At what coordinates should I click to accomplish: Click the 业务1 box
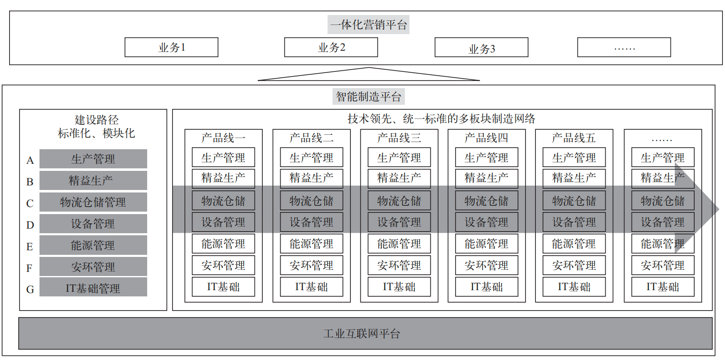(171, 47)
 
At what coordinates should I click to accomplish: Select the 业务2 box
(331, 47)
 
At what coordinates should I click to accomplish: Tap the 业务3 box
(481, 48)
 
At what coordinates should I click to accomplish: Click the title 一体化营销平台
(368, 25)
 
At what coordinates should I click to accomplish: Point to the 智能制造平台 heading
(368, 97)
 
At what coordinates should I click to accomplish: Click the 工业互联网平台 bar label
(362, 333)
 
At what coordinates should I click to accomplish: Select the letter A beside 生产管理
(30, 160)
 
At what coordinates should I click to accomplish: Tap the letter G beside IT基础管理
(30, 290)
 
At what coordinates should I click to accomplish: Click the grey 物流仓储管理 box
(93, 202)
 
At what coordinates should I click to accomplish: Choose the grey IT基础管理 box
(93, 288)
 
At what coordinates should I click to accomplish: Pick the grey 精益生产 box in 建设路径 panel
(93, 180)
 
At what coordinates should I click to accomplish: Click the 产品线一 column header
(223, 138)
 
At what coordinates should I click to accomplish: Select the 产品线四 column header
(486, 138)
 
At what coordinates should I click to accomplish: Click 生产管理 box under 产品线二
(311, 158)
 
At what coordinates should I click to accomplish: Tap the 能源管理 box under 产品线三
(399, 244)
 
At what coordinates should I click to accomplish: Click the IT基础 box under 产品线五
(574, 287)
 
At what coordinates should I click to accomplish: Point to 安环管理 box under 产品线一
(223, 266)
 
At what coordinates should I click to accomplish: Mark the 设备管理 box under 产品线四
(486, 222)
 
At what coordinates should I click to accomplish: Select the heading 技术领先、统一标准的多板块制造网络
(441, 119)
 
